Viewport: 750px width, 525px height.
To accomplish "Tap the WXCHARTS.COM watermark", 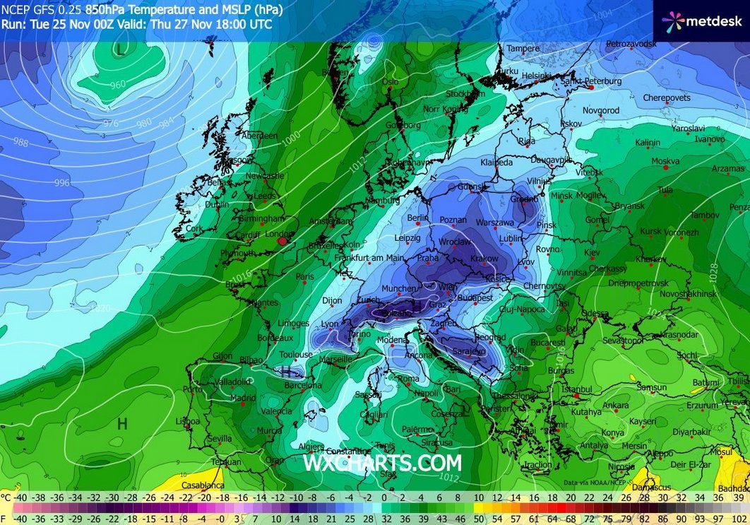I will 382,463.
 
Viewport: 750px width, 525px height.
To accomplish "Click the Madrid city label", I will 242,398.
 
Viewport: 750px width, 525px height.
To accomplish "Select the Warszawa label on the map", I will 494,222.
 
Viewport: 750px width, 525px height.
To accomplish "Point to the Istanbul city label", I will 576,389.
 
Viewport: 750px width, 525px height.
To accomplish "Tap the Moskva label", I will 665,161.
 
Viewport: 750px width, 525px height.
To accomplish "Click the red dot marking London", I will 282,241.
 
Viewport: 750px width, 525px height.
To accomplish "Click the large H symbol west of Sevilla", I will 122,423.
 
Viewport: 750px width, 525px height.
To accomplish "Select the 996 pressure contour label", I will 62,182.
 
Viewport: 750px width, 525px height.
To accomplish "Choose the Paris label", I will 305,277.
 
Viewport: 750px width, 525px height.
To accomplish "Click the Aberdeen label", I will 259,136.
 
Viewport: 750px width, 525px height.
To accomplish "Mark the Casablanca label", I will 203,485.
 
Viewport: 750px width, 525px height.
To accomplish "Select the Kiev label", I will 591,252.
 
